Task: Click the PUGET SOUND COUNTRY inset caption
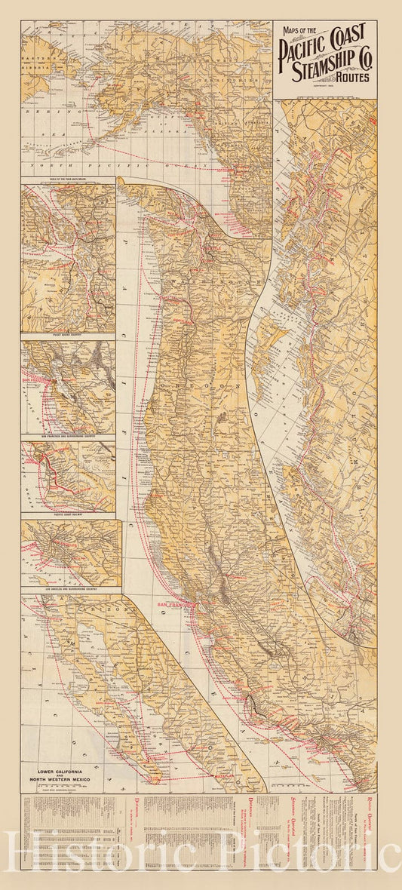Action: coord(68,329)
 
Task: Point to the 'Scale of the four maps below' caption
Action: coord(68,180)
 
